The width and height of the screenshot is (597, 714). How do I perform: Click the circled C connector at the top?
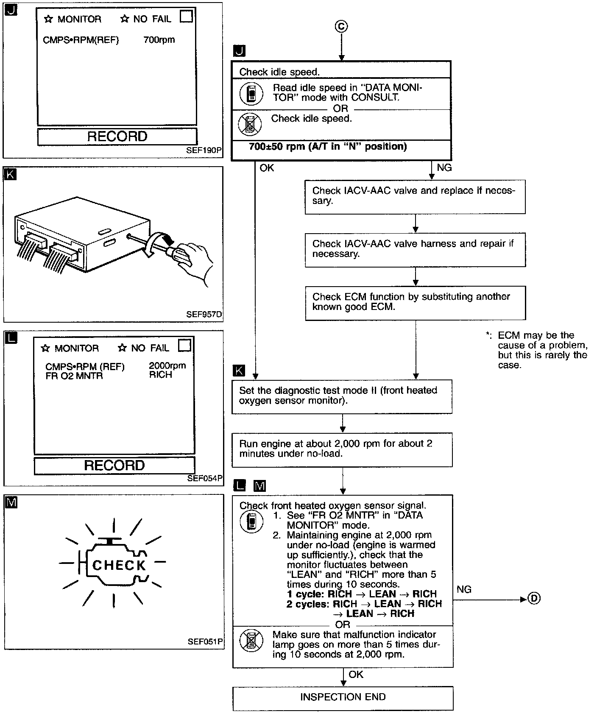tap(341, 27)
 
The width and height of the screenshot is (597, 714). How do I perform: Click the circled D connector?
tap(534, 599)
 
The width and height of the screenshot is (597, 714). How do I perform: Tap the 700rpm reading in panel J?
tap(159, 40)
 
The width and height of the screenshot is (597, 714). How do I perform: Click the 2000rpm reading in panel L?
tap(167, 365)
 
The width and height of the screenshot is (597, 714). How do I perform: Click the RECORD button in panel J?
tap(117, 137)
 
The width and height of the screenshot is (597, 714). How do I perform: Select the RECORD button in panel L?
tap(114, 465)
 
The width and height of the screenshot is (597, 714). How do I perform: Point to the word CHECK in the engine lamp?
tap(119, 565)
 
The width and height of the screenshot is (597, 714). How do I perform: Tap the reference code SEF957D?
tap(204, 315)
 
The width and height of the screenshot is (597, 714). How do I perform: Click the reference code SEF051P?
tap(205, 641)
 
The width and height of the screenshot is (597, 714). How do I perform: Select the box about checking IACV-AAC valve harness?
tap(415, 249)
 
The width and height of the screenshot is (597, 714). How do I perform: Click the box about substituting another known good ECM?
tap(415, 302)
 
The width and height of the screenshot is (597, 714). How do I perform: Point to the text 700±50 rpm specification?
tap(328, 147)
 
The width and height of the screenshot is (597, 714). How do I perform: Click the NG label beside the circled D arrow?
tap(464, 589)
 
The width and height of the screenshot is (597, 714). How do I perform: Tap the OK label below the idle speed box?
tap(267, 168)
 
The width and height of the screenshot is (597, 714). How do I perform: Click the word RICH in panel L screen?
tap(161, 375)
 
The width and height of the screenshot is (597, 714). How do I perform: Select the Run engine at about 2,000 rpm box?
tap(342, 449)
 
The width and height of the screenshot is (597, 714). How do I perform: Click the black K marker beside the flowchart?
tap(239, 371)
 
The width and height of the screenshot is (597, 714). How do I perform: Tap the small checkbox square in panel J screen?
tap(186, 17)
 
